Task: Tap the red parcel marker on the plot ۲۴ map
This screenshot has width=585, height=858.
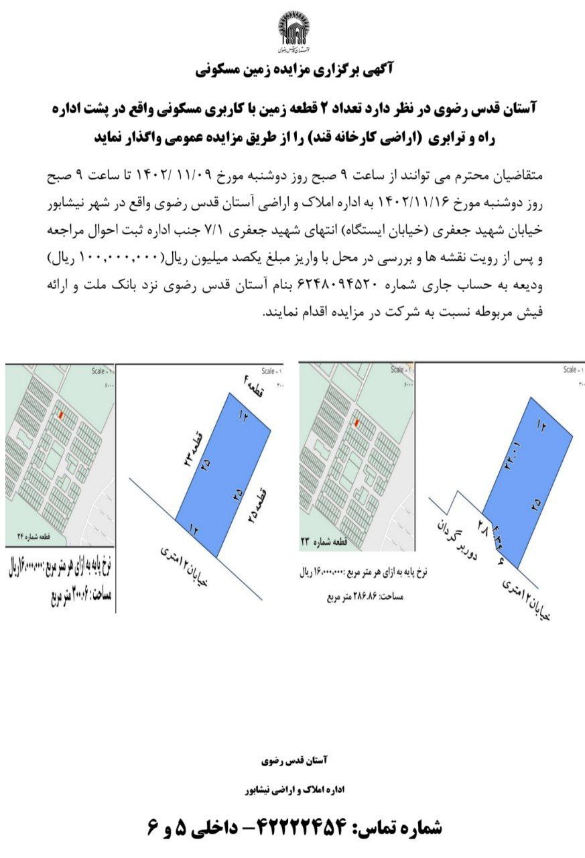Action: pos(61,416)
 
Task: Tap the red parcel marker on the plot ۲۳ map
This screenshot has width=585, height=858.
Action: pos(357,423)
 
